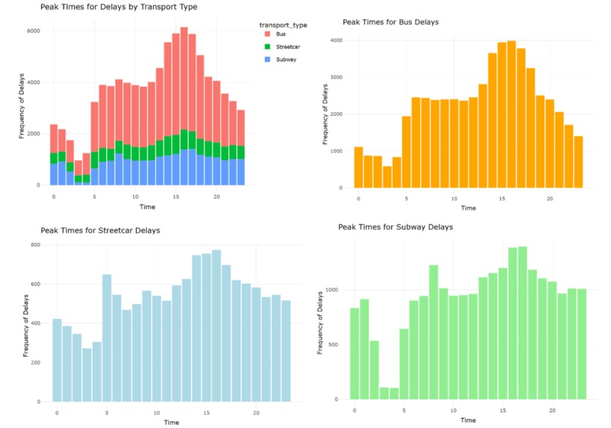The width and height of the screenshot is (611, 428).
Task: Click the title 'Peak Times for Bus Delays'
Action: [390, 22]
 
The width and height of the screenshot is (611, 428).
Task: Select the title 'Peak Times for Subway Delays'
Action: [395, 226]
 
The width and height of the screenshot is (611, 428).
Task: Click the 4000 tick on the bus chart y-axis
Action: [336, 39]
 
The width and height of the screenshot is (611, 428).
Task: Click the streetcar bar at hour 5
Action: [107, 337]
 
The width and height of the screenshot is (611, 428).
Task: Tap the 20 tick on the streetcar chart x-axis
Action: [256, 412]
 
